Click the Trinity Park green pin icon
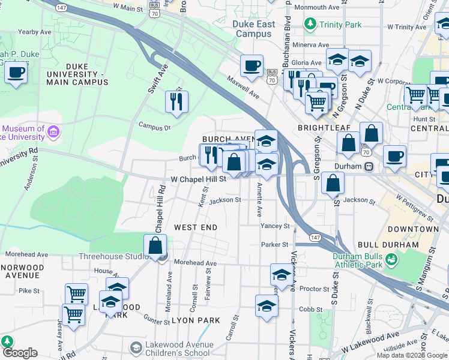(310, 25)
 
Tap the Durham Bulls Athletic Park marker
(392, 260)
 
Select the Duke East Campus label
(255, 29)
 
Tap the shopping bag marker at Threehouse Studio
(155, 245)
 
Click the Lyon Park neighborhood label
(196, 320)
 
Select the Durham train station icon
(370, 166)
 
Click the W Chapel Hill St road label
(198, 179)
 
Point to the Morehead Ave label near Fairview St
(195, 263)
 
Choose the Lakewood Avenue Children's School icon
(136, 349)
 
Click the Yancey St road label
(276, 226)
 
